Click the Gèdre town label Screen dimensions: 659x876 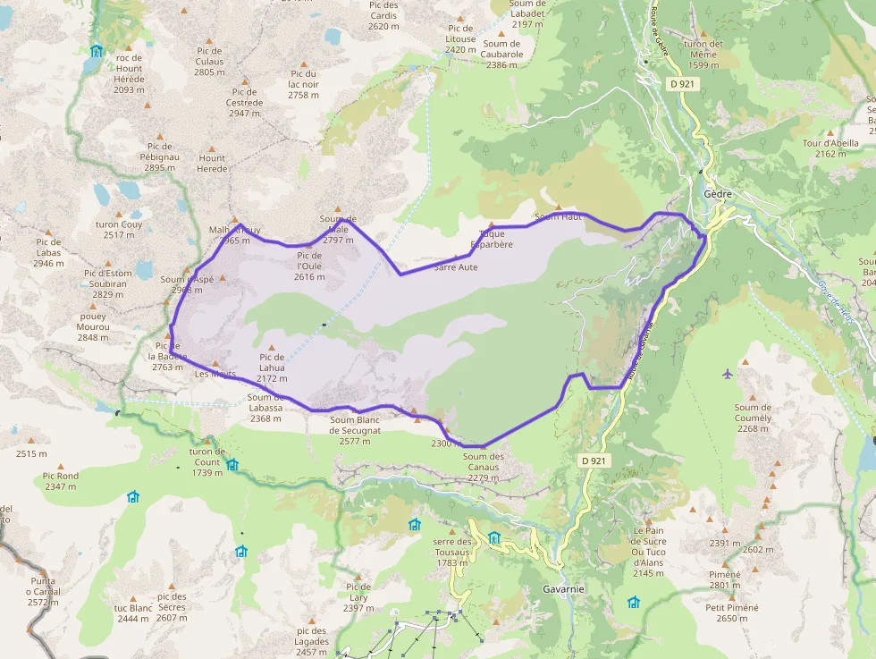(718, 194)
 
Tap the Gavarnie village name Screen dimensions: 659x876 (563, 589)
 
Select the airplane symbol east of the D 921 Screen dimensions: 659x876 (726, 373)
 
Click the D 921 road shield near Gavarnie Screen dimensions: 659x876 (593, 460)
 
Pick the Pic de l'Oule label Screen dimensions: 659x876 (308, 266)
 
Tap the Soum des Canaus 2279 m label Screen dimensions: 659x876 (484, 467)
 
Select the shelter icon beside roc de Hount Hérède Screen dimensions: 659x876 (97, 51)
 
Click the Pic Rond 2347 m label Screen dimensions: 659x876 (61, 481)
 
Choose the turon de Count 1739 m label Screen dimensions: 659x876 (206, 461)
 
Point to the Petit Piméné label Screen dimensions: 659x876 (731, 613)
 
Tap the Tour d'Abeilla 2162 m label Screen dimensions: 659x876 (830, 148)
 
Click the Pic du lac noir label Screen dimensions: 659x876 (304, 84)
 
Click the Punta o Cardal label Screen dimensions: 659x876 (43, 591)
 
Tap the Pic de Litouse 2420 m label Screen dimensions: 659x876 (460, 45)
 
